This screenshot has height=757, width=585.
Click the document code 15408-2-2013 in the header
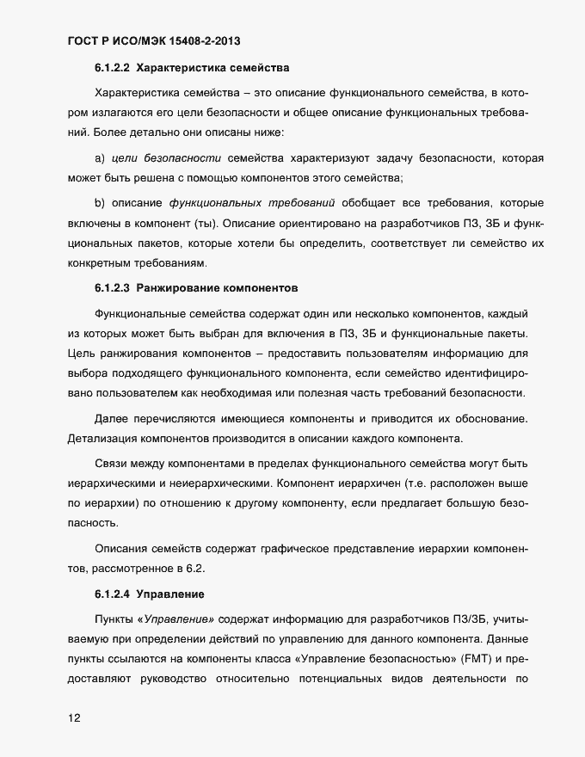click(x=210, y=40)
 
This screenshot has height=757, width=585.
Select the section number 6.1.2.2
click(x=112, y=67)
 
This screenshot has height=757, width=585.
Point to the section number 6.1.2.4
click(x=112, y=594)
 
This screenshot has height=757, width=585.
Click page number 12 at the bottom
click(x=73, y=718)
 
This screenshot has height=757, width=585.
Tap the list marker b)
click(x=99, y=202)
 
